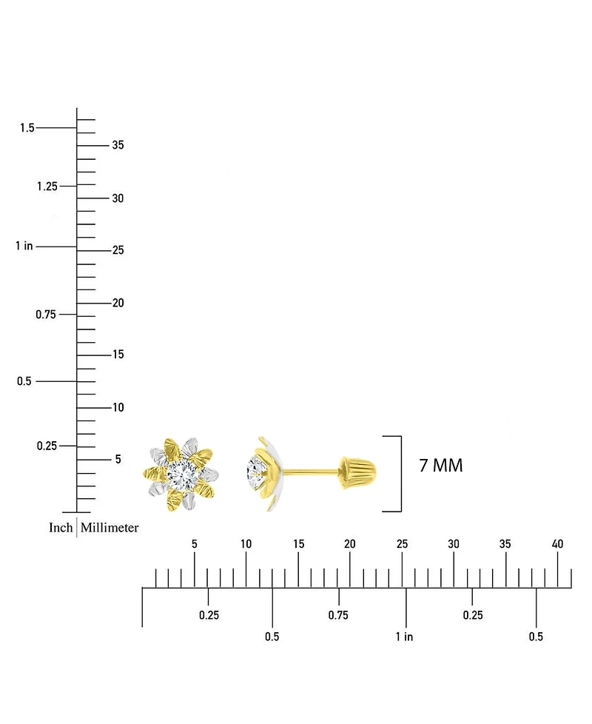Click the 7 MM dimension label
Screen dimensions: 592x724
[440, 466]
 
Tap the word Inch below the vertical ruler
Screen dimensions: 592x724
[61, 527]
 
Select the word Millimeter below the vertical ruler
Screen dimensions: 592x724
[110, 527]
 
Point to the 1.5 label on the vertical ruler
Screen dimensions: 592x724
[27, 127]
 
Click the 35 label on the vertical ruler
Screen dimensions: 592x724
[118, 145]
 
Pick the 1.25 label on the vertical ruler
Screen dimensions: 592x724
[47, 186]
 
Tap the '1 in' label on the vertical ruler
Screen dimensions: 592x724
[24, 246]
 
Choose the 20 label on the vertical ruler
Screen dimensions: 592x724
[118, 303]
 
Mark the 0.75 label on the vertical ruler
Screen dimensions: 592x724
[46, 315]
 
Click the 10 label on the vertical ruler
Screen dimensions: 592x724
[118, 407]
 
